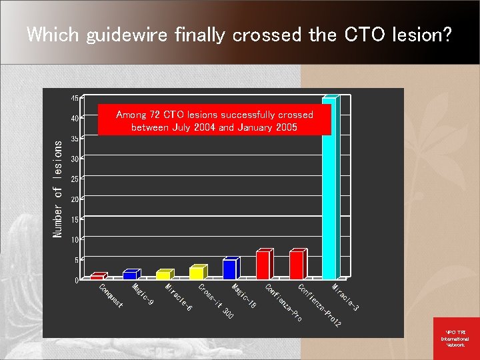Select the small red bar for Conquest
97,276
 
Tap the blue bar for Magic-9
130,274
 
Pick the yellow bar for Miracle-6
163,275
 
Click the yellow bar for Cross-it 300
196,273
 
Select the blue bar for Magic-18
229,269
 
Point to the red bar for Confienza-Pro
263,265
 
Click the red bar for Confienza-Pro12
296,265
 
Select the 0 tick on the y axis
77,280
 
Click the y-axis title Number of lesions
58,187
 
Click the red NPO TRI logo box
455,338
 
